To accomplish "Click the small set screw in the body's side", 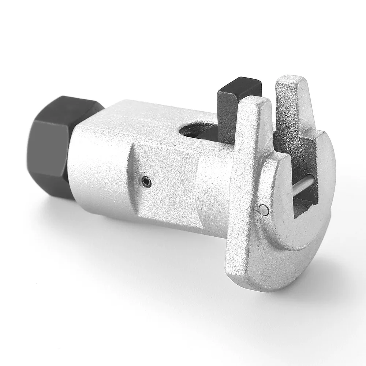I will pos(146,180).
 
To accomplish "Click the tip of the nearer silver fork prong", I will pos(253,104).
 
